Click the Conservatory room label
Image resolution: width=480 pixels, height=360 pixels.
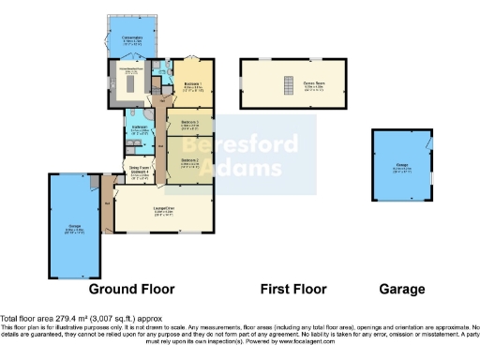pyautogui.click(x=132, y=39)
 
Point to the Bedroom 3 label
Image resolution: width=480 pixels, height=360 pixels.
pyautogui.click(x=190, y=124)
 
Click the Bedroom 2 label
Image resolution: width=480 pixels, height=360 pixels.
pyautogui.click(x=190, y=161)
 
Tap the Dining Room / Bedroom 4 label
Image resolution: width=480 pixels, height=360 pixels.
pyautogui.click(x=141, y=172)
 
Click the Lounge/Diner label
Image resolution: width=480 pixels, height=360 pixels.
pyautogui.click(x=164, y=209)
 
